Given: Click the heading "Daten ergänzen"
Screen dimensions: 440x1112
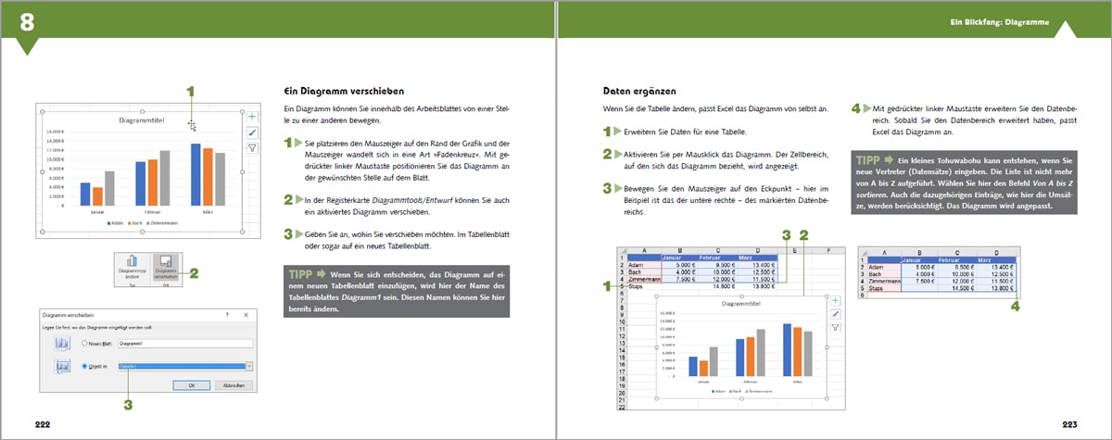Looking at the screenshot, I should point(635,91).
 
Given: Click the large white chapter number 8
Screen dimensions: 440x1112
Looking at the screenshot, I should point(29,20).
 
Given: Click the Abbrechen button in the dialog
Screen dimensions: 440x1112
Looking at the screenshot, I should point(234,385).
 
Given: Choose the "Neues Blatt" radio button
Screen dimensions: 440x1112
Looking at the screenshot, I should point(85,343).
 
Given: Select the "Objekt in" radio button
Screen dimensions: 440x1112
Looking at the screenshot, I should point(85,367).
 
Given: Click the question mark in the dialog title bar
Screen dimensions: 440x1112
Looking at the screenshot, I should point(227,316).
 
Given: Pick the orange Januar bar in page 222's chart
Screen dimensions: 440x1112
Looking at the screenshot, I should point(97,195).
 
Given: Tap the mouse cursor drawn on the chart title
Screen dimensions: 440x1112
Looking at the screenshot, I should point(192,125).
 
